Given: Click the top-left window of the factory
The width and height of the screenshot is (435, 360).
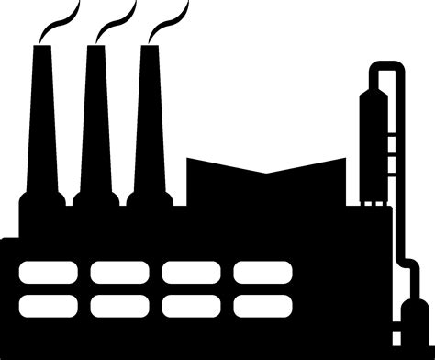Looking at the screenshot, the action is [x=49, y=272].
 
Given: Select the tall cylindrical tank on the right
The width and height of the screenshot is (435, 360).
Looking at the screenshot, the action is [x=373, y=138].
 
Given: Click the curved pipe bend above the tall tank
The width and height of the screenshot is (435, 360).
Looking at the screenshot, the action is [x=385, y=65].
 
